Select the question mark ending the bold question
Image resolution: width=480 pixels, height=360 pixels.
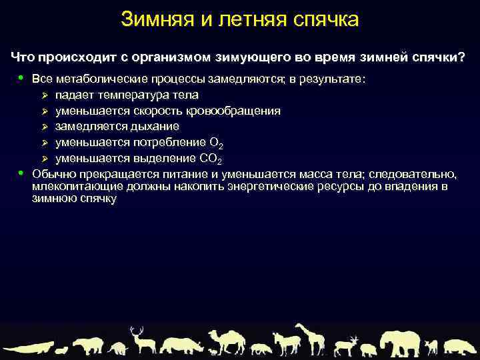coord(462,57)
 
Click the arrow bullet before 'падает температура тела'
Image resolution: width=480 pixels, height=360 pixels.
coord(45,95)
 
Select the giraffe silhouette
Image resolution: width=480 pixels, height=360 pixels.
coord(309,337)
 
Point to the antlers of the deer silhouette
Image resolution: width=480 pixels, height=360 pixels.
coord(137,331)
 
